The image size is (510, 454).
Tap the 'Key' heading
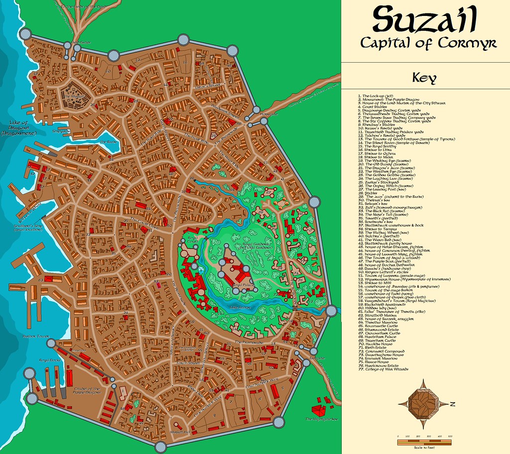(x=425, y=78)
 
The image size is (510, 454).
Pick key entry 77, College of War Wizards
(x=383, y=369)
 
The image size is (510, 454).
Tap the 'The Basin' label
(x=108, y=142)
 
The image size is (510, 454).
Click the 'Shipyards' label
(x=60, y=131)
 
